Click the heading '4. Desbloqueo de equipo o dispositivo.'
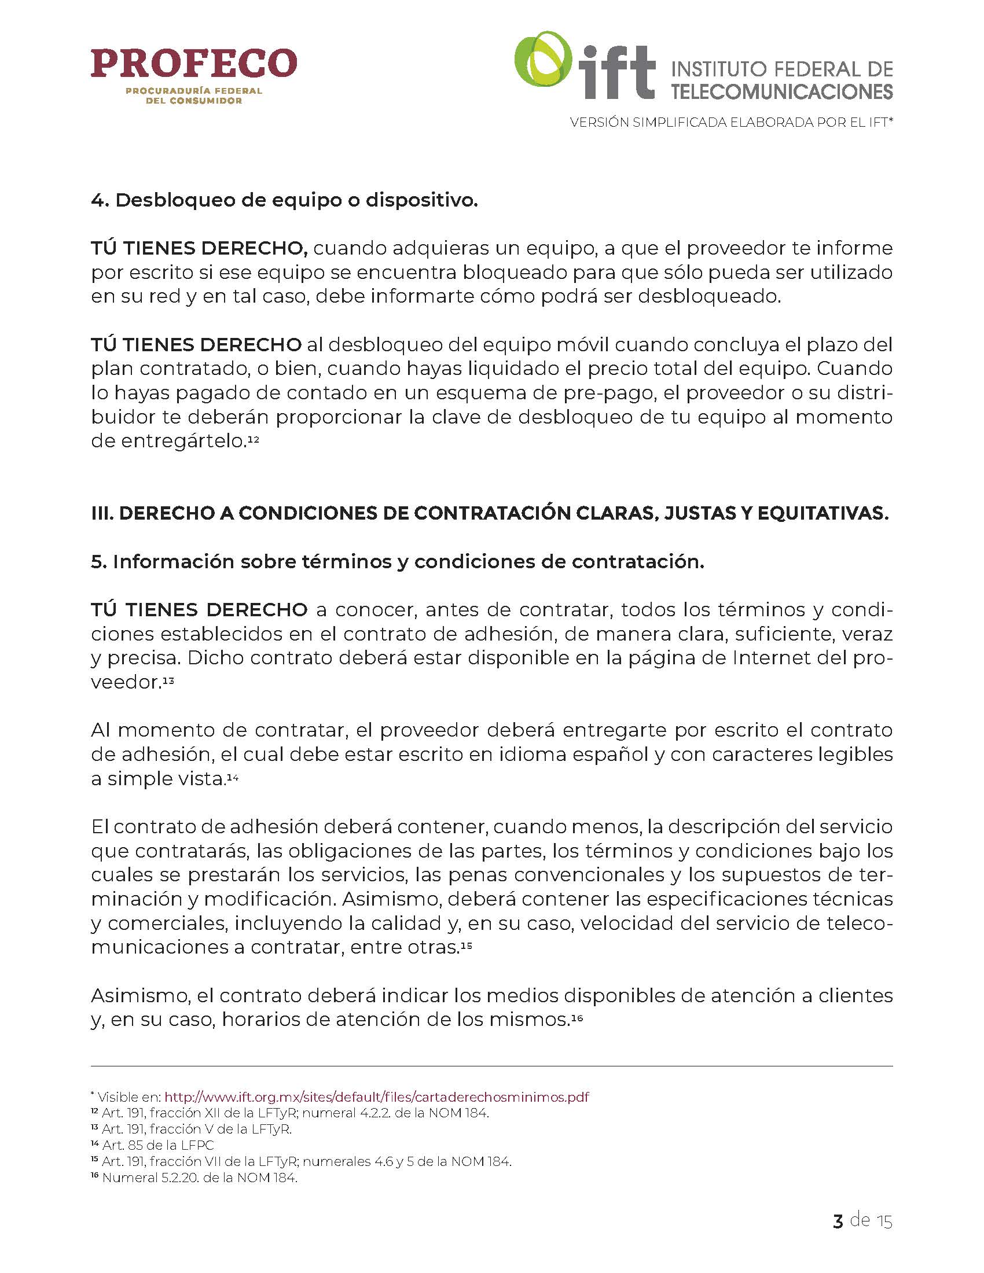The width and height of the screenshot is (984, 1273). coord(284,200)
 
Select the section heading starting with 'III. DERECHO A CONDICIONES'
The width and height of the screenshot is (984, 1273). coord(490,513)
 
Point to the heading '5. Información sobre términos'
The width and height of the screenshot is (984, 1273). coord(398,561)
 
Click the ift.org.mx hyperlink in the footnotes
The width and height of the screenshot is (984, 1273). coord(377,1097)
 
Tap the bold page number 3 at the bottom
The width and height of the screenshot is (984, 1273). coord(838,1220)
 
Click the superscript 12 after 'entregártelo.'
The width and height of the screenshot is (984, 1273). coord(254,441)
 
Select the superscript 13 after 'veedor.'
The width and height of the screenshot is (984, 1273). coord(168,680)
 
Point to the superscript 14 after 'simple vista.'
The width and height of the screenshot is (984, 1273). coord(233,777)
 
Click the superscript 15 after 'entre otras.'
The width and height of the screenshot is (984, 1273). coord(466,945)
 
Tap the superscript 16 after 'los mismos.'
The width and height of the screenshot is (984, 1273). coord(577,1018)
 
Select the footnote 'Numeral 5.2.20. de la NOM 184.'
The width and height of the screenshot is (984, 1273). coord(199,1178)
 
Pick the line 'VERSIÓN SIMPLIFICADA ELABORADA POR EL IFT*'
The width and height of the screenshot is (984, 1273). coord(732,123)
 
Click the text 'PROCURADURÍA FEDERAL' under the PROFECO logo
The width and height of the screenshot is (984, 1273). coord(193,91)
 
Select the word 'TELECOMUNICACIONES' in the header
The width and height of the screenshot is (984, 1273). coord(782,91)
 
